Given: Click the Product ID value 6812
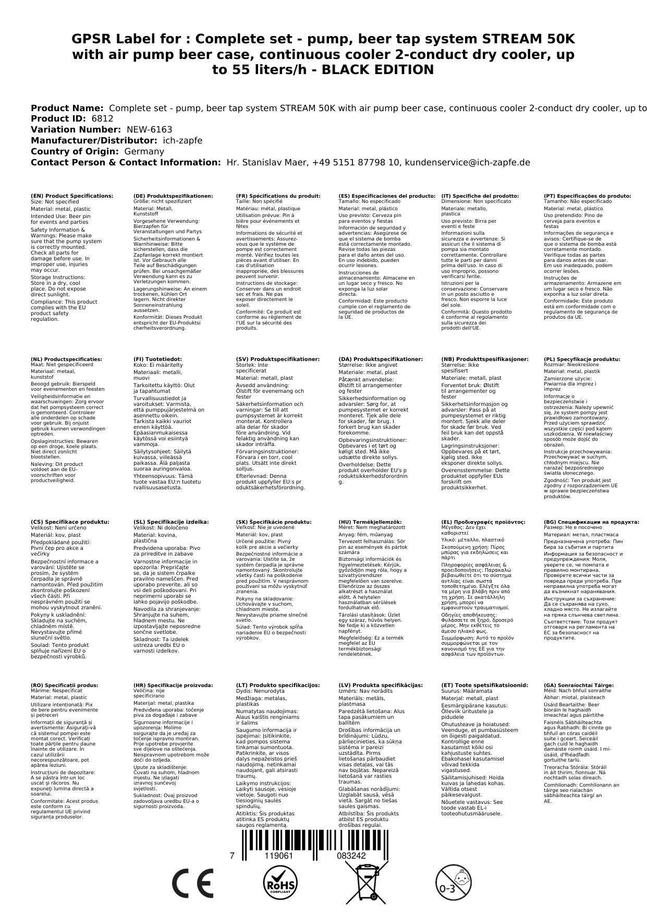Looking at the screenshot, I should coord(102,119).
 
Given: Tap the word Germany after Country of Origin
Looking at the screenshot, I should coord(144,152).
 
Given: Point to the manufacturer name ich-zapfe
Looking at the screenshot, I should coord(182,141).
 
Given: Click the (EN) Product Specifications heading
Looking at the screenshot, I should coord(72,196).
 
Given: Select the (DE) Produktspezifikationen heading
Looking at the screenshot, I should coord(173,196).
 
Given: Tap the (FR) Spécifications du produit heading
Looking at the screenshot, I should coord(278,196).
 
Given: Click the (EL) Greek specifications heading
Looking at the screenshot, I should coord(483,522).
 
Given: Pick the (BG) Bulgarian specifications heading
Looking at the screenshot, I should coord(591,522).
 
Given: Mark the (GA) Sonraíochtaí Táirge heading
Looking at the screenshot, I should coord(579,685).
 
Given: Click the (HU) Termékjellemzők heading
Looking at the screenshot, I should coord(370,522).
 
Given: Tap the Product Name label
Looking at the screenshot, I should coord(67,108).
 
